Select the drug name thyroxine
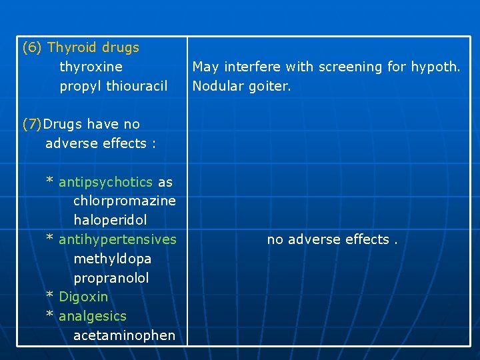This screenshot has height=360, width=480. (91, 67)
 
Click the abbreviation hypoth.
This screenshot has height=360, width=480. (437, 67)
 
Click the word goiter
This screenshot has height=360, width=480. (269, 87)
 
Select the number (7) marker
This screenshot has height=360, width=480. (32, 125)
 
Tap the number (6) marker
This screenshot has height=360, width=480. (32, 48)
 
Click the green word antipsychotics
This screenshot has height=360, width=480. (107, 182)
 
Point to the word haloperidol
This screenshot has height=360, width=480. (110, 220)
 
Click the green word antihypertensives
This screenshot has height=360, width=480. (118, 239)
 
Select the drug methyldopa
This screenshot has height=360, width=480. (112, 259)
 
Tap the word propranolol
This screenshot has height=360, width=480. (111, 278)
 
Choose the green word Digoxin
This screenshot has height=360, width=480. (83, 297)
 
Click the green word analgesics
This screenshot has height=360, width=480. (93, 316)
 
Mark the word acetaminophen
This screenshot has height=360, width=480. (125, 335)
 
